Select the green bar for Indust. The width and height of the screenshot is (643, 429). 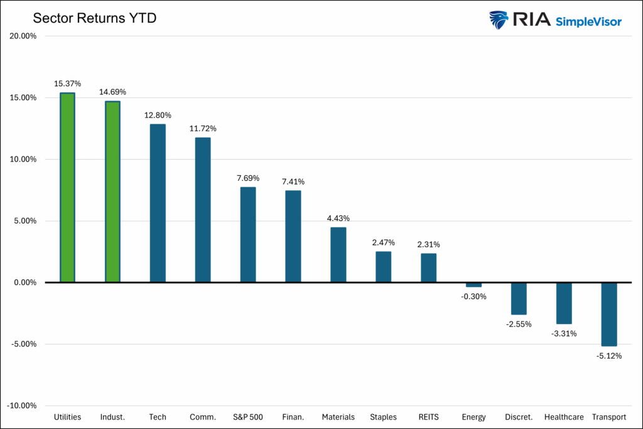(112, 192)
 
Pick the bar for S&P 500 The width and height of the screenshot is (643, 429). (248, 234)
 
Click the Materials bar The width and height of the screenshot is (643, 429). (338, 254)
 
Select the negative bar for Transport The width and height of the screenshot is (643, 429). (609, 314)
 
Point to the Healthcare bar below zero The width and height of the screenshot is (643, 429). (564, 303)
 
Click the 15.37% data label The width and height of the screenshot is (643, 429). (67, 84)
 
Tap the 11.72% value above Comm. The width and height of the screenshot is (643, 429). (203, 129)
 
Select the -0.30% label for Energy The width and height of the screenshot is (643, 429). (473, 296)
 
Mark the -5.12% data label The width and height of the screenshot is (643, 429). (609, 356)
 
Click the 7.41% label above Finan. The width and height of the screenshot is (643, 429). (293, 182)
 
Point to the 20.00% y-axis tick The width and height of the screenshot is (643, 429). (23, 36)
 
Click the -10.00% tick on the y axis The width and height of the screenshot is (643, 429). (21, 406)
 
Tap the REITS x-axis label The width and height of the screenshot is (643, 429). (428, 417)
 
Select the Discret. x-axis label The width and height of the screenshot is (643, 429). (519, 417)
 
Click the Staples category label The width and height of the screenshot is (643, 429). (383, 417)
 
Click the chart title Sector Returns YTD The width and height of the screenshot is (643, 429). (94, 18)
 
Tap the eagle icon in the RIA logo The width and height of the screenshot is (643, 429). (499, 19)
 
